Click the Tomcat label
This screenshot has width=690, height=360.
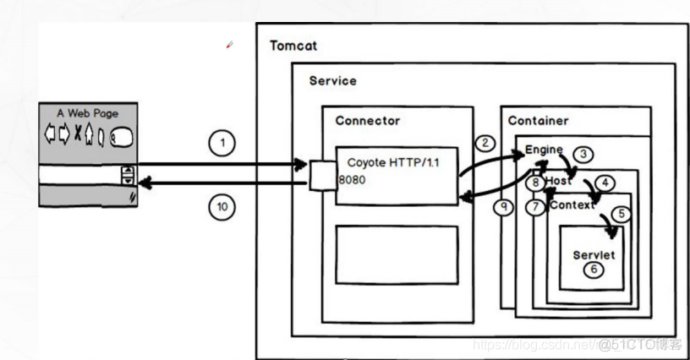click(x=293, y=45)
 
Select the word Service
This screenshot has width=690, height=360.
click(x=332, y=81)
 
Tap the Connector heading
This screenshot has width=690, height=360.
click(x=367, y=120)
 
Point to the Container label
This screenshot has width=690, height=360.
click(x=538, y=121)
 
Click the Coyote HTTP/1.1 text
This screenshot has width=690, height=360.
click(x=393, y=162)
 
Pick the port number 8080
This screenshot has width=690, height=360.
click(x=353, y=180)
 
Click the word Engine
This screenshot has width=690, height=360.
click(x=544, y=150)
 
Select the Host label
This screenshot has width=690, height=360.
click(x=558, y=182)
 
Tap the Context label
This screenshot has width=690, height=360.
click(x=572, y=205)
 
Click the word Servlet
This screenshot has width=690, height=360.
click(x=593, y=254)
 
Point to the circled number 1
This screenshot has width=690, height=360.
click(x=222, y=144)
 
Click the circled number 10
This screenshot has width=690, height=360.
click(x=222, y=207)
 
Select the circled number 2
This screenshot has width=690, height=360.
click(x=485, y=143)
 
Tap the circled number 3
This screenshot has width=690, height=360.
click(x=583, y=155)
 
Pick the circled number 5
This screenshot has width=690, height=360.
click(x=622, y=214)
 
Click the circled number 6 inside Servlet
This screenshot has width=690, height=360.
click(x=594, y=270)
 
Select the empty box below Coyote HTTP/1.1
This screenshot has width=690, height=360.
click(x=396, y=254)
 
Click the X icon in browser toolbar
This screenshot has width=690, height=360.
click(x=79, y=134)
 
